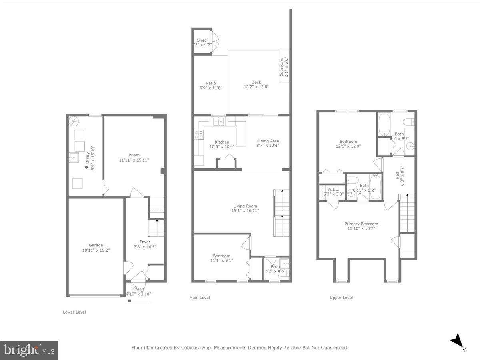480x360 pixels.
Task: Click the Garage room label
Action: click(96, 245)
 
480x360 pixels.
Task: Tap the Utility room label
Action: click(88, 156)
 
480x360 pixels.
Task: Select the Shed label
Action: click(202, 40)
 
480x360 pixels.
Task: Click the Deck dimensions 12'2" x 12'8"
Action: click(256, 87)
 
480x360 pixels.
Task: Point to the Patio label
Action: click(211, 83)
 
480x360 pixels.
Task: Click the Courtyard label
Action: click(282, 67)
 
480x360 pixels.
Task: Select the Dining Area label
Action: click(268, 141)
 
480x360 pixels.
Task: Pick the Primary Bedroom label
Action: click(361, 224)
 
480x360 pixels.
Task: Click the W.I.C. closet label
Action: click(333, 189)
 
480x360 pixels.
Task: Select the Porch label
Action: click(138, 289)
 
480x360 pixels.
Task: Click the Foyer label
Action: click(145, 242)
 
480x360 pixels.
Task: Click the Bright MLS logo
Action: click(29, 350)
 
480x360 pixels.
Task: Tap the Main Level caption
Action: click(199, 298)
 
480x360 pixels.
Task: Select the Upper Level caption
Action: click(341, 298)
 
